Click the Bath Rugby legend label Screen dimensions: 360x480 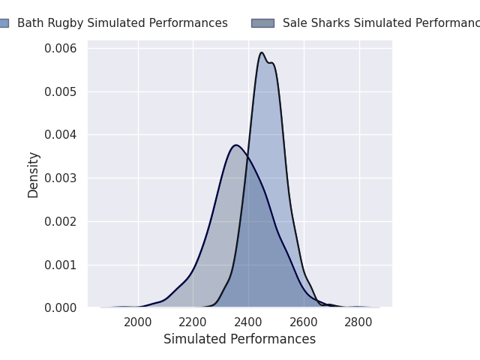[122, 23]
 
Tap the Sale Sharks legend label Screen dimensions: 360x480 [381, 23]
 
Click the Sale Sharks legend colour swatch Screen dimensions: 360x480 [262, 23]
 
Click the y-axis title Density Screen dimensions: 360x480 [34, 175]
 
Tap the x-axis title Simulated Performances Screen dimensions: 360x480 [239, 340]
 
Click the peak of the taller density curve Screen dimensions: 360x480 [262, 52]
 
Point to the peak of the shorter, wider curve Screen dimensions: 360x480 [236, 145]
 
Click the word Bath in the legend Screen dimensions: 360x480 [30, 23]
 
